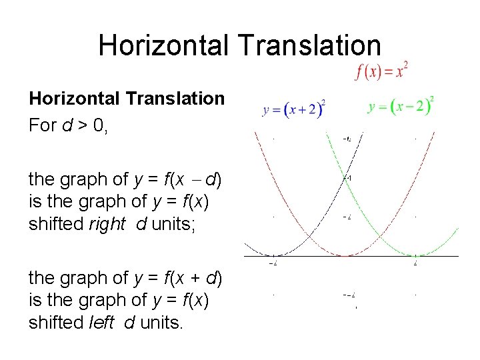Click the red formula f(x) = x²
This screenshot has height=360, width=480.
381,71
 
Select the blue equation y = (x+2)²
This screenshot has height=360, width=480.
294,109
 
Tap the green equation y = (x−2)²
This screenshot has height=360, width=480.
401,105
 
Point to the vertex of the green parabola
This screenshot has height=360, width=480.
415,256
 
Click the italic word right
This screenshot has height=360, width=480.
107,225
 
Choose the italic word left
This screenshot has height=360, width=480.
104,322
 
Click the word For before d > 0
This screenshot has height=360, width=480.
43,125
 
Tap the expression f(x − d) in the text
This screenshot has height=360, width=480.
194,179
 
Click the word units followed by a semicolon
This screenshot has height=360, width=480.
172,225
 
